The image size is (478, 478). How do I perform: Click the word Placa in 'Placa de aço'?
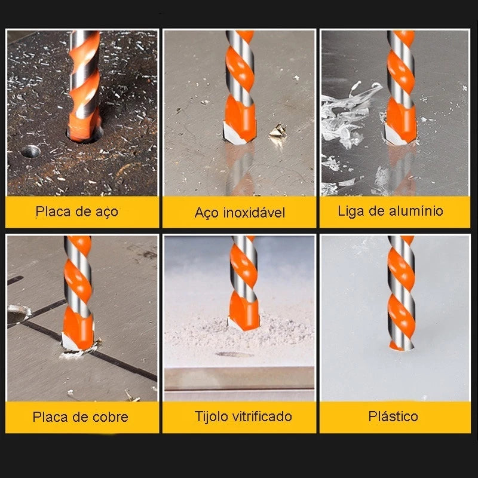tap(52, 211)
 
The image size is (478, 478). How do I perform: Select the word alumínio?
tap(414, 211)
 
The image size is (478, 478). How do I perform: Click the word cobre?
tap(109, 417)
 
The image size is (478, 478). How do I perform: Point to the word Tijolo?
tap(212, 416)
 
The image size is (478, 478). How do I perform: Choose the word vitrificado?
tap(263, 416)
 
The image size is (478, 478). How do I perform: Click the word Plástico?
tap(393, 416)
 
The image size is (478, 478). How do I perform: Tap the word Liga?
tap(351, 211)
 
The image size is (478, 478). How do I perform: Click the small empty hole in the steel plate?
tap(30, 151)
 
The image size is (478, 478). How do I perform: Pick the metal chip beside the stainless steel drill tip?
tap(277, 131)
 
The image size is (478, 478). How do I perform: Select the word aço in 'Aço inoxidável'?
tap(207, 213)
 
